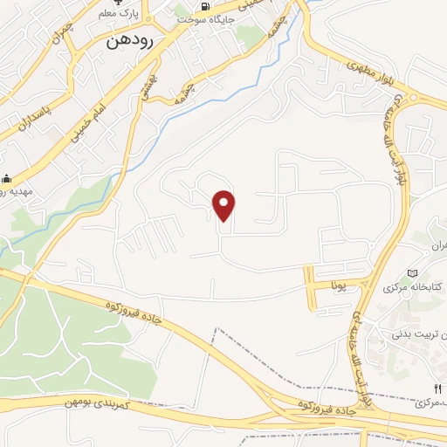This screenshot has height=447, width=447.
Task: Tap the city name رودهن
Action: click(130, 40)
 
